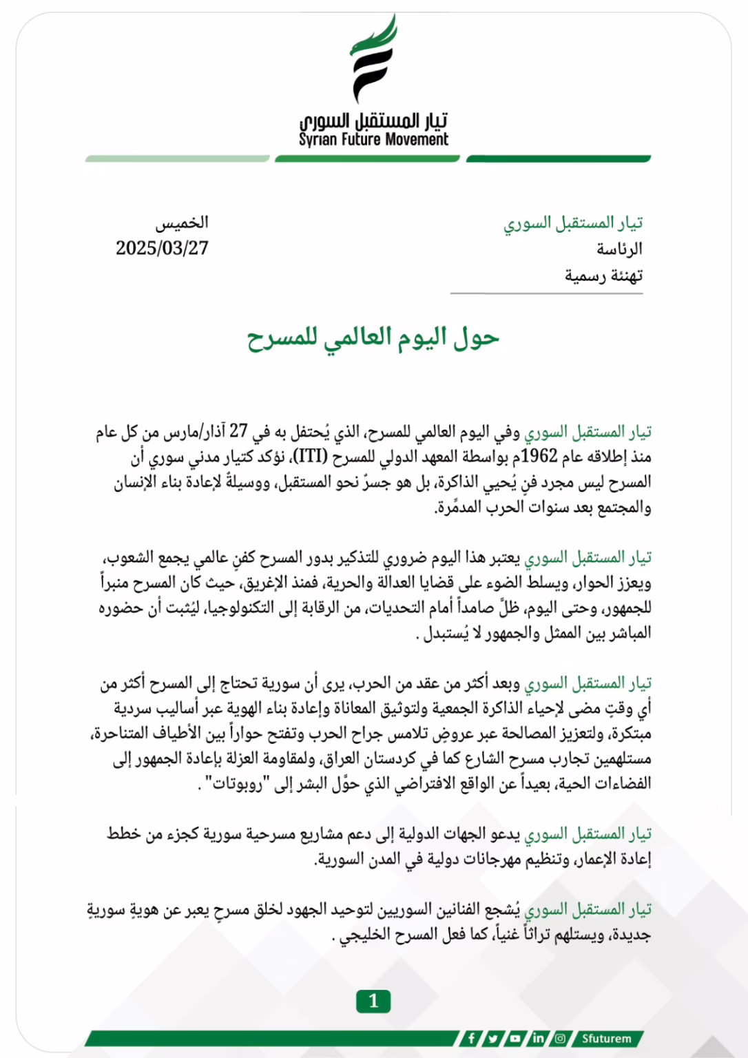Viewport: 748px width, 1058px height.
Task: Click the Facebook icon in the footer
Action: [x=471, y=1038]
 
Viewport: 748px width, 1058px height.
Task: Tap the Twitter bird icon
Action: [x=493, y=1038]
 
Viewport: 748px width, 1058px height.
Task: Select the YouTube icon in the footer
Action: [x=515, y=1038]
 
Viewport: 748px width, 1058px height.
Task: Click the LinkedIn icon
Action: [x=538, y=1038]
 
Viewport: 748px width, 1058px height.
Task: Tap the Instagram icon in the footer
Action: [x=560, y=1038]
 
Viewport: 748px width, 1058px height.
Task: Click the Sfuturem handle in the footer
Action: [x=606, y=1038]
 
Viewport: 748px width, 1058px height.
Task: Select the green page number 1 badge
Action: [x=373, y=1001]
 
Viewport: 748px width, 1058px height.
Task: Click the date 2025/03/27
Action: [x=162, y=248]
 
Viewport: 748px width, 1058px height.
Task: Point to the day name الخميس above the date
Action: [x=181, y=222]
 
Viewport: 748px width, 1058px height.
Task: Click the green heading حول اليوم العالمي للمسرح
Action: [x=373, y=338]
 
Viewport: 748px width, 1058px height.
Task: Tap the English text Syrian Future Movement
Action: [x=373, y=140]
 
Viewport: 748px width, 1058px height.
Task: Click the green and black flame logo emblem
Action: [x=373, y=59]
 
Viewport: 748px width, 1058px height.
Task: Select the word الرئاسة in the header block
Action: [x=619, y=249]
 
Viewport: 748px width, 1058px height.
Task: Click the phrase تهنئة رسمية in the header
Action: [x=604, y=276]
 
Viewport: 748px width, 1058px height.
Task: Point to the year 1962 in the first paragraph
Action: [x=539, y=457]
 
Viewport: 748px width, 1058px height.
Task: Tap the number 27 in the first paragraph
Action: [x=238, y=431]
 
